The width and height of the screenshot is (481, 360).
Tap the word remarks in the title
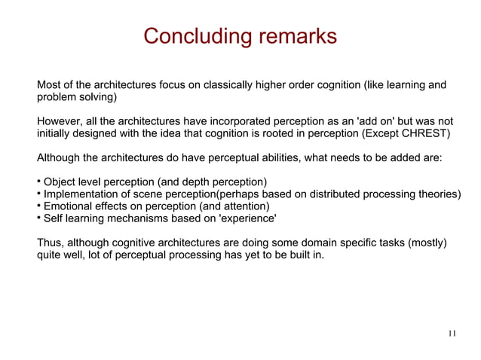(293, 36)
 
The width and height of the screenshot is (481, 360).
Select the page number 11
(452, 334)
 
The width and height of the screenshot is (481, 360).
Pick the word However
(58, 121)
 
